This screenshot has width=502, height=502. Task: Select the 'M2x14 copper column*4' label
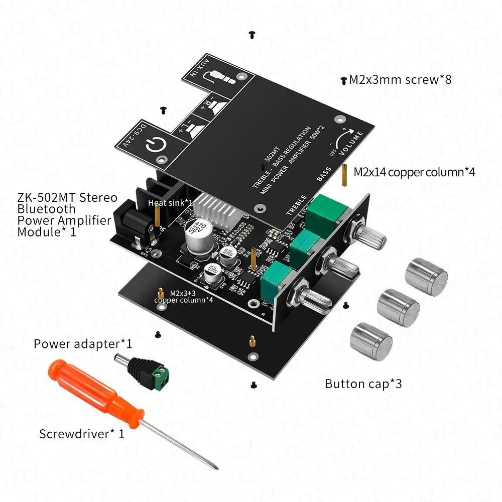414,172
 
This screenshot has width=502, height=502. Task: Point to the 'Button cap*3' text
363,384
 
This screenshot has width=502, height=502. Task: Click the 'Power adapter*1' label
83,344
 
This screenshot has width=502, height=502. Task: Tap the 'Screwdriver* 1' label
81,434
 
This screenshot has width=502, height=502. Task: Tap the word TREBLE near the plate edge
296,205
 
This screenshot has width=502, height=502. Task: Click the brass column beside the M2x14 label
345,175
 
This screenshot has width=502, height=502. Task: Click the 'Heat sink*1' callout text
170,202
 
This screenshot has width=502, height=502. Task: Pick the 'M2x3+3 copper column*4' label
183,296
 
